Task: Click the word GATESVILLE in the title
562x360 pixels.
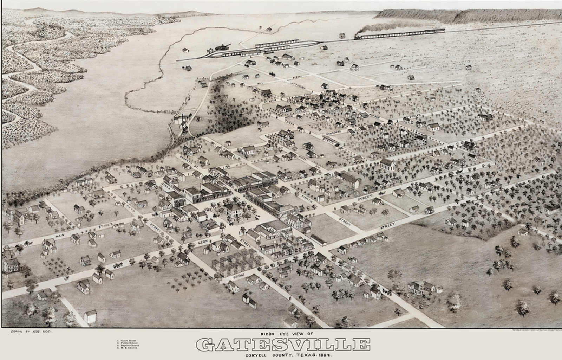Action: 283,345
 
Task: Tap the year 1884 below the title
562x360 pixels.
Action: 326,355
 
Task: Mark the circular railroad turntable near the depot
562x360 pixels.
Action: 223,46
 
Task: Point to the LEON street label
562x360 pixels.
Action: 203,242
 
